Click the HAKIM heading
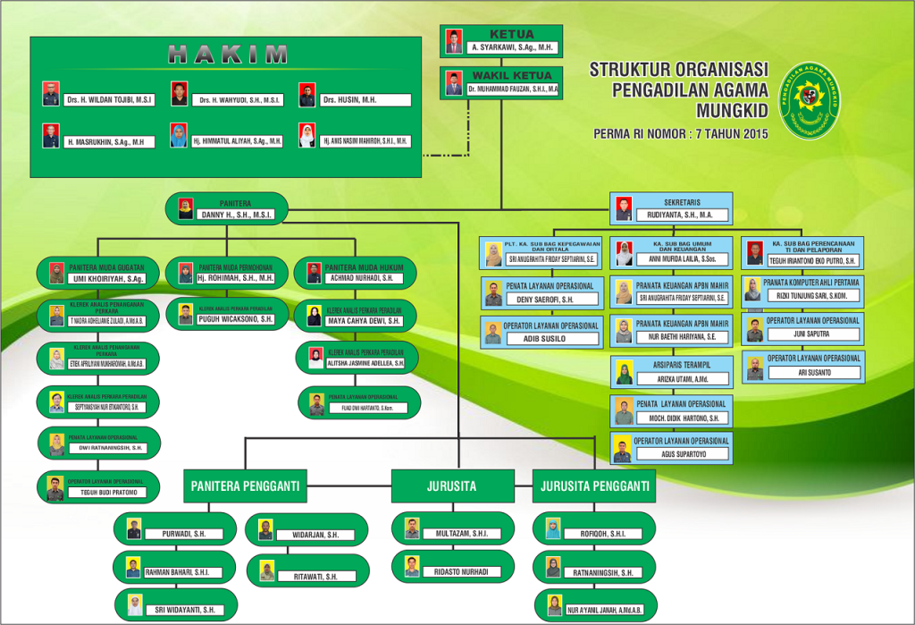pyautogui.click(x=228, y=55)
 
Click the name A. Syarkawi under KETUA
pyautogui.click(x=511, y=47)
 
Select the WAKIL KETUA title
pyautogui.click(x=512, y=75)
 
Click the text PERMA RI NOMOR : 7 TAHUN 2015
pyautogui.click(x=681, y=134)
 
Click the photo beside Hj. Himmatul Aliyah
pyautogui.click(x=179, y=136)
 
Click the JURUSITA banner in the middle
pyautogui.click(x=451, y=486)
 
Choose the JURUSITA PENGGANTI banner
pyautogui.click(x=593, y=486)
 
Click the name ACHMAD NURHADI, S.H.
pyautogui.click(x=365, y=279)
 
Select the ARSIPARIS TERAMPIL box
pyautogui.click(x=671, y=372)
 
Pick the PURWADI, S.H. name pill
pyautogui.click(x=184, y=534)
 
